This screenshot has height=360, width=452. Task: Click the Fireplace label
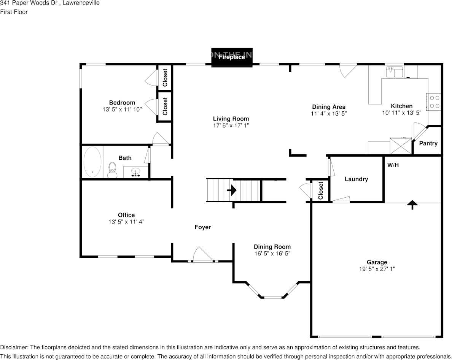pyautogui.click(x=232, y=57)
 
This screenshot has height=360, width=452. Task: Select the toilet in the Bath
pyautogui.click(x=112, y=170)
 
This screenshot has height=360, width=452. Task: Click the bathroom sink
pyautogui.click(x=135, y=173)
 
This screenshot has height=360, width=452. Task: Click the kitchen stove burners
pyautogui.click(x=434, y=102)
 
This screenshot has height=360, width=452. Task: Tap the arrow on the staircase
pyautogui.click(x=231, y=190)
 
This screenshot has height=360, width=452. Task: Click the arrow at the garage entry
pyautogui.click(x=412, y=205)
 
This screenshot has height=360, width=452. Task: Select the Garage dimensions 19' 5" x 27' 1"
pyautogui.click(x=377, y=269)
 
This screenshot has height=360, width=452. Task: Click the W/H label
pyautogui.click(x=393, y=165)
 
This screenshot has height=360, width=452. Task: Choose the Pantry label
pyautogui.click(x=428, y=143)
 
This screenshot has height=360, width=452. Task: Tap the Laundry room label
pyautogui.click(x=356, y=179)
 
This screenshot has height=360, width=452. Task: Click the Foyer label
pyautogui.click(x=202, y=227)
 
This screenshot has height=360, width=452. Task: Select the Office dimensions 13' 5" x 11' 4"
pyautogui.click(x=126, y=221)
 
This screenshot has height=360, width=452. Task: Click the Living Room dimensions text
pyautogui.click(x=231, y=125)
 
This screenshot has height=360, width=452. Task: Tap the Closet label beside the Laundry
pyautogui.click(x=321, y=190)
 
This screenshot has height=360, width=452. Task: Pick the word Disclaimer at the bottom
pyautogui.click(x=14, y=347)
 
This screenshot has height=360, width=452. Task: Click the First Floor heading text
pyautogui.click(x=14, y=12)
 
